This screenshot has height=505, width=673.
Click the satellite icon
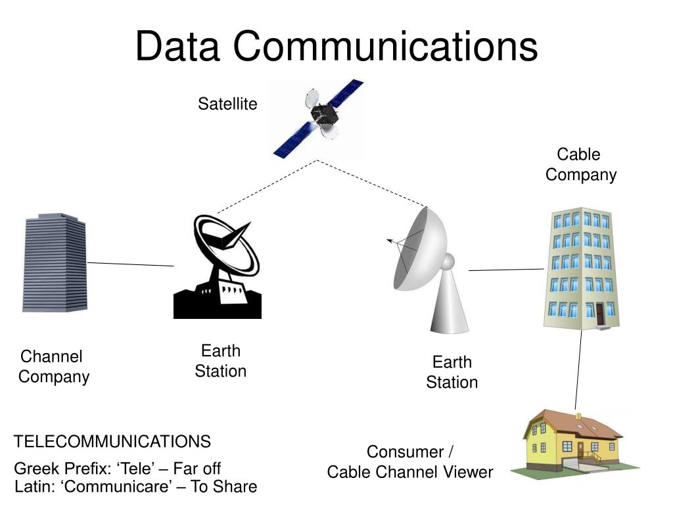[318, 119]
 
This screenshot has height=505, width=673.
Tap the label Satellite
[227, 104]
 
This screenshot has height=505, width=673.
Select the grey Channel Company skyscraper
[55, 262]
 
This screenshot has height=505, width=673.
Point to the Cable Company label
[580, 164]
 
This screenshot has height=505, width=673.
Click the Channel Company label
[53, 367]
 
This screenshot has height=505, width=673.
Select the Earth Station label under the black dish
[221, 361]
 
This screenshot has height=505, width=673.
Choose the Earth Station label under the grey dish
[452, 372]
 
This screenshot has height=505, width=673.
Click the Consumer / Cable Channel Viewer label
[410, 462]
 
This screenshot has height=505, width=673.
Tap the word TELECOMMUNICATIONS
[112, 441]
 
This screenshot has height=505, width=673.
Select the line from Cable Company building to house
[578, 368]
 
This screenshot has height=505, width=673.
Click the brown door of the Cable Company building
[599, 314]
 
